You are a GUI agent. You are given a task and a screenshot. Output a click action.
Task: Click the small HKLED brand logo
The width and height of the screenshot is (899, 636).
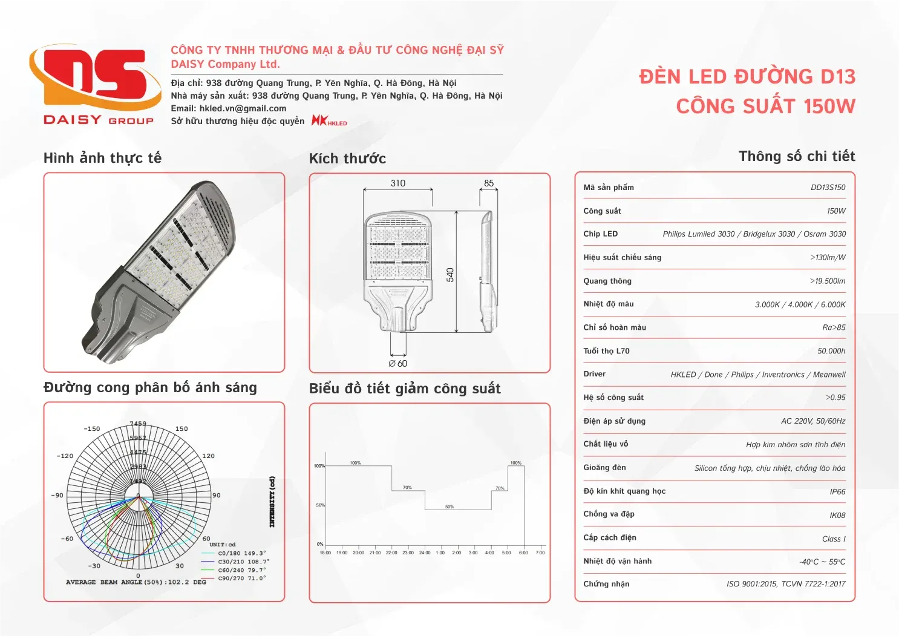[329, 120]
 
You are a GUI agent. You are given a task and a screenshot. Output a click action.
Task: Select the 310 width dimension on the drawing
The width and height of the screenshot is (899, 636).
[397, 183]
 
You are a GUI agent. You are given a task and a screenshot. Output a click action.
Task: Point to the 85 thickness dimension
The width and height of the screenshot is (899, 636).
[489, 183]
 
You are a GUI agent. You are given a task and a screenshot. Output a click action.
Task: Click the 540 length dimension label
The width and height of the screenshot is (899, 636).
[450, 275]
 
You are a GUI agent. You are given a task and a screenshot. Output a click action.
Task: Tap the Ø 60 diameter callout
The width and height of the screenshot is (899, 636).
[398, 364]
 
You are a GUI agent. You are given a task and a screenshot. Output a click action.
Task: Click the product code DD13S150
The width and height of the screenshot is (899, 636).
[828, 188]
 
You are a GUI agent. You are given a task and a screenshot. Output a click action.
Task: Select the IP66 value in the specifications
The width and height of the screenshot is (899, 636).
[837, 492]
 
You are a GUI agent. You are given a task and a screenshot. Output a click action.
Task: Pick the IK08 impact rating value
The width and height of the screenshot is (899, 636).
[837, 516]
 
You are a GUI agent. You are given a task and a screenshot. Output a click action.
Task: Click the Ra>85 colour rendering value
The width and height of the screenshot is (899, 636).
[834, 327]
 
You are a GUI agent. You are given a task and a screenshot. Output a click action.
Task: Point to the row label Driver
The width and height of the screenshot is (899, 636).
[594, 374]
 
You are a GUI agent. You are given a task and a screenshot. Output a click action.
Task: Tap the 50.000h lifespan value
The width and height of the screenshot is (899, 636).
[831, 351]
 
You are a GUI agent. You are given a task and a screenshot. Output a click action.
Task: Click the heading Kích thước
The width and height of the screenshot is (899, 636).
[347, 159]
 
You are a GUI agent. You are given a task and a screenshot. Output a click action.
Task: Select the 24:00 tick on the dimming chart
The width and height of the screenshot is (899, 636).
[425, 552]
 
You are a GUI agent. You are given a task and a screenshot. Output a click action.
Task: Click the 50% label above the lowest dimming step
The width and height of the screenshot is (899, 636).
[449, 507]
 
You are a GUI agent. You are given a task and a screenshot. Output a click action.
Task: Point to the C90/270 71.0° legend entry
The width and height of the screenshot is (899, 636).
[241, 579]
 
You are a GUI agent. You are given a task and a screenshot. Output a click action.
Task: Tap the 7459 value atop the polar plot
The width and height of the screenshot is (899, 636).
[138, 424]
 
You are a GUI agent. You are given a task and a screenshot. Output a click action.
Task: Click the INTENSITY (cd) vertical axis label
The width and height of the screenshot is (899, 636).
[272, 502]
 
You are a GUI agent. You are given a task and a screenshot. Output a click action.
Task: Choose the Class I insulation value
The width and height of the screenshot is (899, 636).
[834, 539]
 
